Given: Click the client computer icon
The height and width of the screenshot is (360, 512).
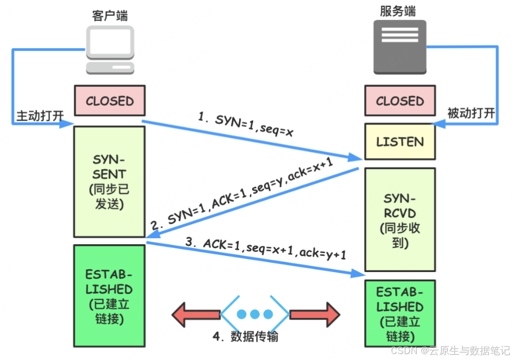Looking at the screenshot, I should pyautogui.click(x=109, y=50).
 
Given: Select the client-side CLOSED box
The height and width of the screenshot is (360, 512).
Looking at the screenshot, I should pyautogui.click(x=109, y=101).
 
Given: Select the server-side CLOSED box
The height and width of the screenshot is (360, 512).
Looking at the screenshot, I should pyautogui.click(x=400, y=101).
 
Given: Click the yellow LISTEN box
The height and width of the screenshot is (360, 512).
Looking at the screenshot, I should pyautogui.click(x=400, y=142).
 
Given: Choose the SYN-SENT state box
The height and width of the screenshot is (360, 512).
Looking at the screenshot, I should pyautogui.click(x=109, y=182).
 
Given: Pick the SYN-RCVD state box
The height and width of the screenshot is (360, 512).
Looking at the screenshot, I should pyautogui.click(x=400, y=219).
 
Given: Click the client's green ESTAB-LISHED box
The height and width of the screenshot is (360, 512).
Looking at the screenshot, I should pyautogui.click(x=109, y=296).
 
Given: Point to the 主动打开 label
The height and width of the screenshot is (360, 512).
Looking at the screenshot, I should pyautogui.click(x=36, y=115).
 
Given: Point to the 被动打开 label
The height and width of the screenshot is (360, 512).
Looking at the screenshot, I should pyautogui.click(x=471, y=114).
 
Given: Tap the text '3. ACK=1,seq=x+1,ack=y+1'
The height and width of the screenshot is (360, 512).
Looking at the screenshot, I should pyautogui.click(x=266, y=248).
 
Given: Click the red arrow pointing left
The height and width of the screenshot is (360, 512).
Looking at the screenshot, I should pyautogui.click(x=196, y=314).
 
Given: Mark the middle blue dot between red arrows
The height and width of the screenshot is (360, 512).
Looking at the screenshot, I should pyautogui.click(x=255, y=314).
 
